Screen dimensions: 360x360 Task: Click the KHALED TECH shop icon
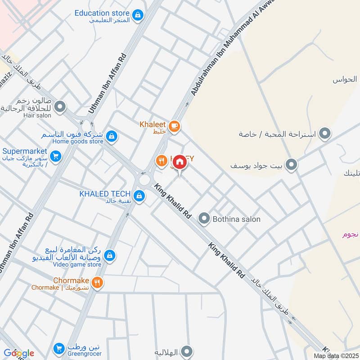(139, 195)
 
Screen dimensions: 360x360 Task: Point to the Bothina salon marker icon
(205, 219)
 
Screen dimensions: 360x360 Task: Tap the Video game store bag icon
(109, 256)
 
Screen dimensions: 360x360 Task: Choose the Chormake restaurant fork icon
(97, 283)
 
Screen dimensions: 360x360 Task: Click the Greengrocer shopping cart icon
(58, 348)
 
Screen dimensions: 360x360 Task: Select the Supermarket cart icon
(56, 157)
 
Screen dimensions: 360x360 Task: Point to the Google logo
(18, 353)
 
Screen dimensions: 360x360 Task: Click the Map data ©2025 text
(336, 355)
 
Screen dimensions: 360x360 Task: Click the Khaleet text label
(153, 124)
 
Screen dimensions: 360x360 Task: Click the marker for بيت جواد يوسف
(292, 165)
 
